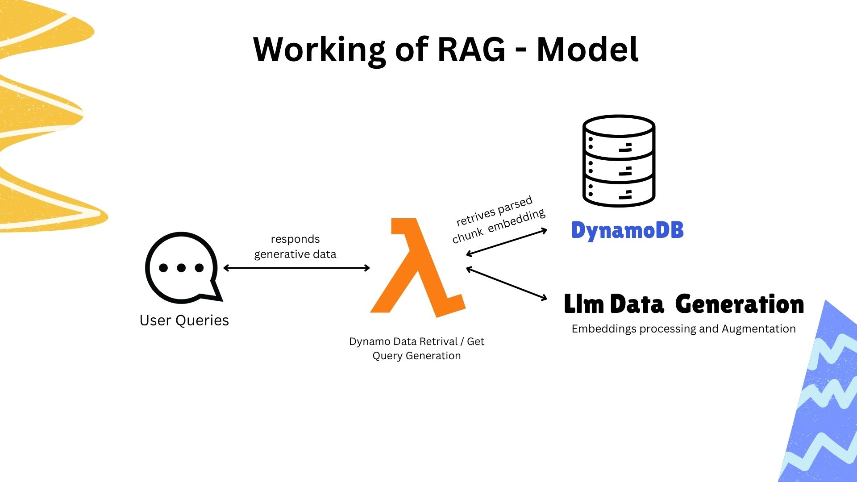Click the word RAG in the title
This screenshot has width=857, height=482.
coord(471,49)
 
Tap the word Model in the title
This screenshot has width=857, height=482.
coord(587,49)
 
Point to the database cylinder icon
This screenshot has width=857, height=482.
coord(619,161)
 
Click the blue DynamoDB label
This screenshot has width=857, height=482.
coord(628,231)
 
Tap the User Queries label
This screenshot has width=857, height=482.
coord(184,320)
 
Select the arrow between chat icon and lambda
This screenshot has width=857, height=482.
coord(296,268)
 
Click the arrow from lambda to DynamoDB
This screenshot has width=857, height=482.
coord(507,242)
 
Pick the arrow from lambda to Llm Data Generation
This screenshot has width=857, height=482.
coord(507,283)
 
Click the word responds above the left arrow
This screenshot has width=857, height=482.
coord(295,239)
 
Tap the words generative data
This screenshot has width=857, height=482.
coord(295,254)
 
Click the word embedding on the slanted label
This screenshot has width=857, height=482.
coord(516,220)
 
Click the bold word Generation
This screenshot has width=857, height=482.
coord(740,304)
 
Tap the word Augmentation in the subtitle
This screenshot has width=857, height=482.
coord(759,329)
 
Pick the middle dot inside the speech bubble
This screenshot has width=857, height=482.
coord(181,268)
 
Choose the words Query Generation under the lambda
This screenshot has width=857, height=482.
coord(416,356)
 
